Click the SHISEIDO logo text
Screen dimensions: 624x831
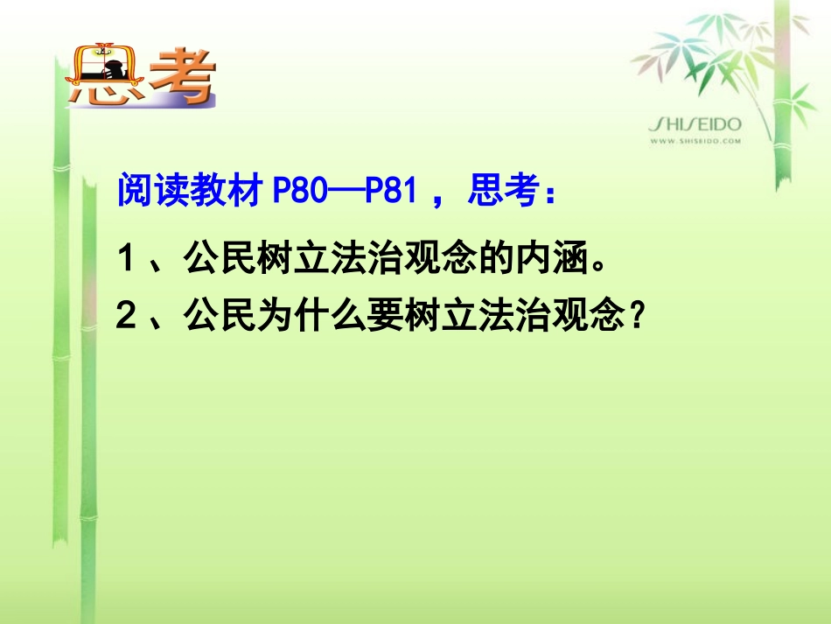(695, 125)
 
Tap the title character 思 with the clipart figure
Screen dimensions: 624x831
(105, 79)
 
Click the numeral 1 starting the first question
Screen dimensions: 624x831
(128, 259)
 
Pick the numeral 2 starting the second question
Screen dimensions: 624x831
(128, 314)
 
